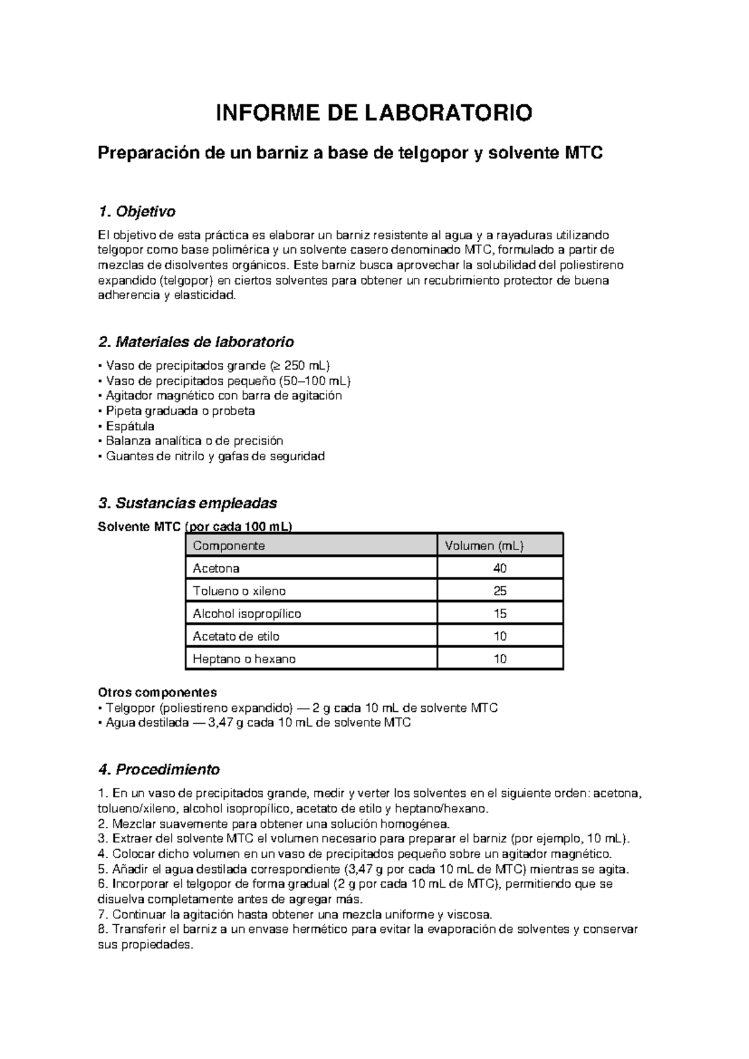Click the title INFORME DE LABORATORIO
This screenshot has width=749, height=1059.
point(374,113)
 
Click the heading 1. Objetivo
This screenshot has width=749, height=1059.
point(137,212)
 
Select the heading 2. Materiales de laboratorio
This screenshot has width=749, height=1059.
point(196,342)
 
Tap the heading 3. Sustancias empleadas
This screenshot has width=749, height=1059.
point(187,503)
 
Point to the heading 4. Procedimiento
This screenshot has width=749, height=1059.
point(159,769)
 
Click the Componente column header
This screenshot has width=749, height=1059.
point(228,546)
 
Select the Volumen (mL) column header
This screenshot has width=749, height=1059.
point(484,546)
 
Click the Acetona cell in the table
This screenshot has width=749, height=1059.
point(216,568)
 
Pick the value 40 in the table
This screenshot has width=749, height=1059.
point(499,568)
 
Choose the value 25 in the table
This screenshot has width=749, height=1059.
point(499,591)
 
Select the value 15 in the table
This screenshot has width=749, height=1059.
point(499,614)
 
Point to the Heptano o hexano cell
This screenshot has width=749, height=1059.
point(244,659)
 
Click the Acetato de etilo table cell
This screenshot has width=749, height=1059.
point(236,636)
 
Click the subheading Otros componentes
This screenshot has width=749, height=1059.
point(157,692)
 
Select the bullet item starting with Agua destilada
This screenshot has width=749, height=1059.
point(255,723)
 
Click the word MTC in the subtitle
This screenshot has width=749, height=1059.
point(584,153)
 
